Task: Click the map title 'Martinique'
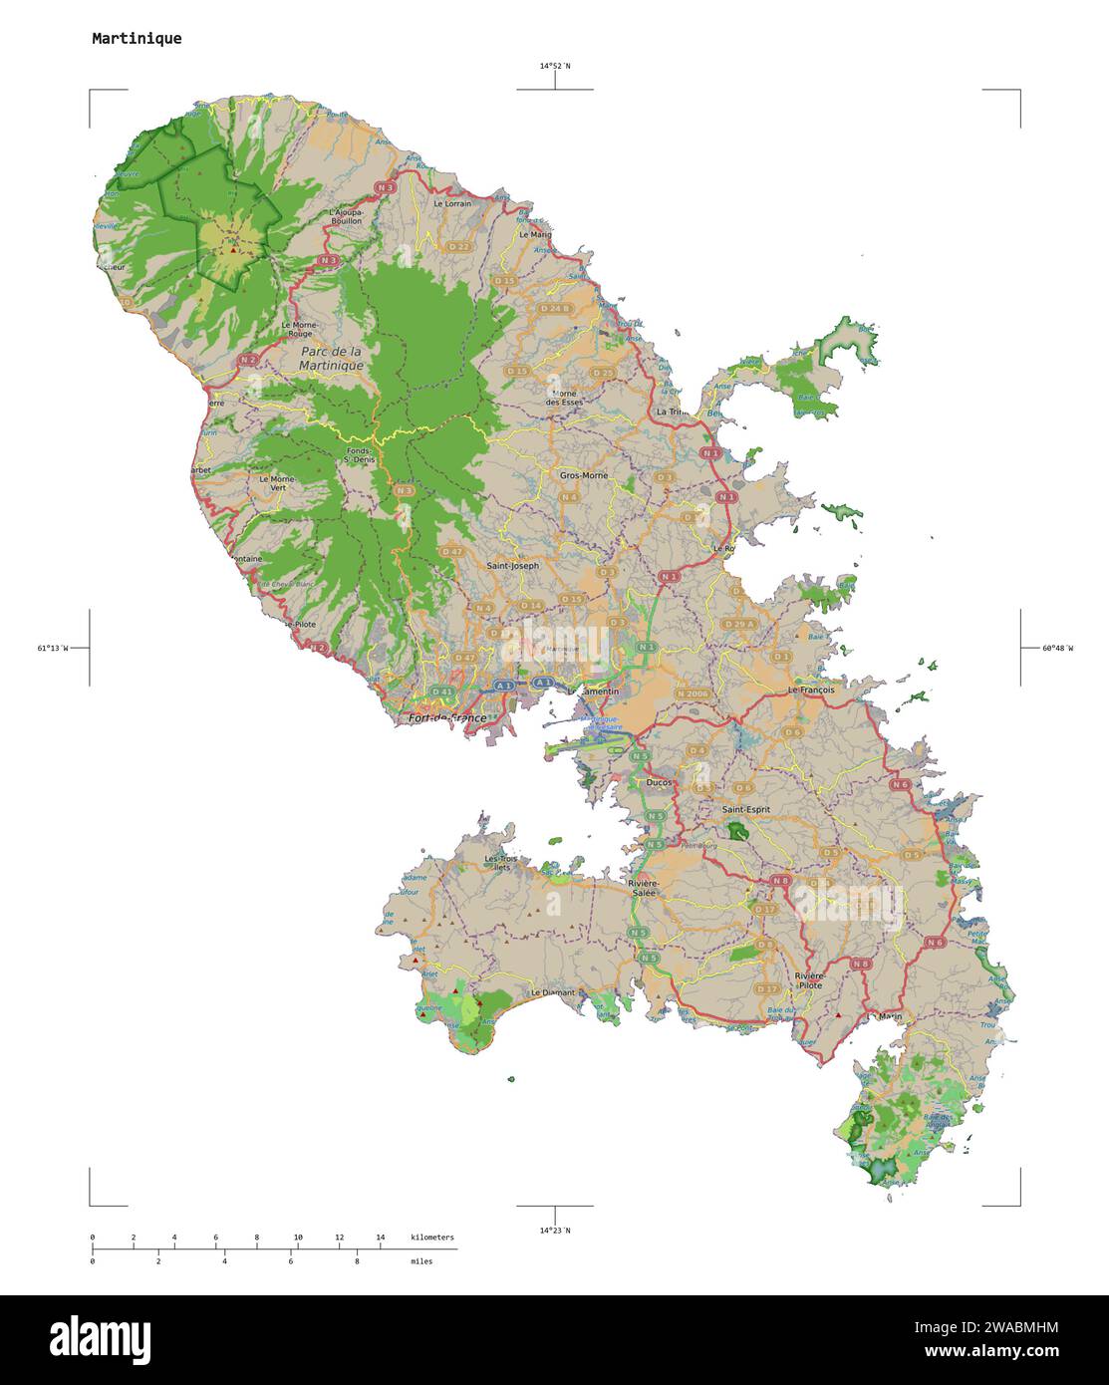click(137, 39)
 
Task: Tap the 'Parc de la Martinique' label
click(331, 359)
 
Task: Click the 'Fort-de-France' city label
click(447, 717)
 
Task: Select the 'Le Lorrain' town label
click(452, 203)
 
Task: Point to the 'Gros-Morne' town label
click(584, 475)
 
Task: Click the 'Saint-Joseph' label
click(512, 565)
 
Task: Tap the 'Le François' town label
click(811, 689)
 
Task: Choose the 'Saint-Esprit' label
click(745, 810)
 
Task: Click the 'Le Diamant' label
click(553, 992)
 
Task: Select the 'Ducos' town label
click(659, 783)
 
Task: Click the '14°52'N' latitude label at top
click(555, 66)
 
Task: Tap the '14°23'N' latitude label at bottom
click(555, 1231)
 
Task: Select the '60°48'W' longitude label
click(1057, 649)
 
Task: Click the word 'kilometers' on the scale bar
click(432, 1238)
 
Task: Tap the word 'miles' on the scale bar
click(421, 1261)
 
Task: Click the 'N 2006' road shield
click(692, 692)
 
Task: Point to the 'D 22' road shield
click(458, 246)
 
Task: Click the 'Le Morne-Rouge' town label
click(298, 330)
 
